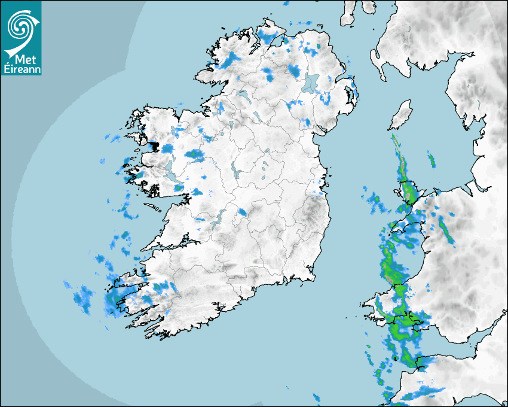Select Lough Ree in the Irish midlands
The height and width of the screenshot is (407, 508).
(x=235, y=174)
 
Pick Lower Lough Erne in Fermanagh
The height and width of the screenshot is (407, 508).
(x=241, y=95)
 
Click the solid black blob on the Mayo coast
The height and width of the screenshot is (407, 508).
(x=154, y=145)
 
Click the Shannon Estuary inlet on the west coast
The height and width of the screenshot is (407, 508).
(x=173, y=244)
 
